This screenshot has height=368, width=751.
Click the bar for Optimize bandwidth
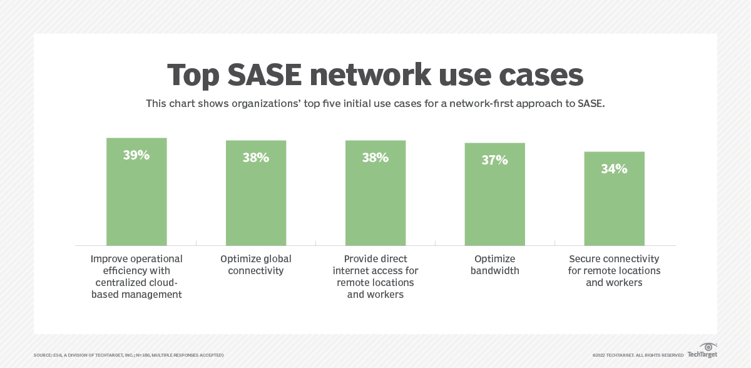tap(494, 200)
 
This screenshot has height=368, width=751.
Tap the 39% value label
tap(136, 155)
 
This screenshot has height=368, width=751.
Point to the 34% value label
tap(614, 168)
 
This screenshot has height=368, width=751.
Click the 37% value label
tap(494, 160)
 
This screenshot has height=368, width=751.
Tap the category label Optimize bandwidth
tap(494, 265)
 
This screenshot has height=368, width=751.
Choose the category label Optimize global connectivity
tap(256, 265)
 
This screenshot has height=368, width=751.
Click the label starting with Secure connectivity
tap(614, 270)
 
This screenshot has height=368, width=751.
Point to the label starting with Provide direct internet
tap(375, 277)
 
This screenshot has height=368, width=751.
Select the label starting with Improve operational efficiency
tap(136, 277)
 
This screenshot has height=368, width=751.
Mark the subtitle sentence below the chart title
tap(375, 103)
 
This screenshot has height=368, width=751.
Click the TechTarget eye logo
tap(708, 347)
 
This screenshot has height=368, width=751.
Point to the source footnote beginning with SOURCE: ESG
tap(128, 355)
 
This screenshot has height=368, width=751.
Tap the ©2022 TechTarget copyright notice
tap(638, 355)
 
